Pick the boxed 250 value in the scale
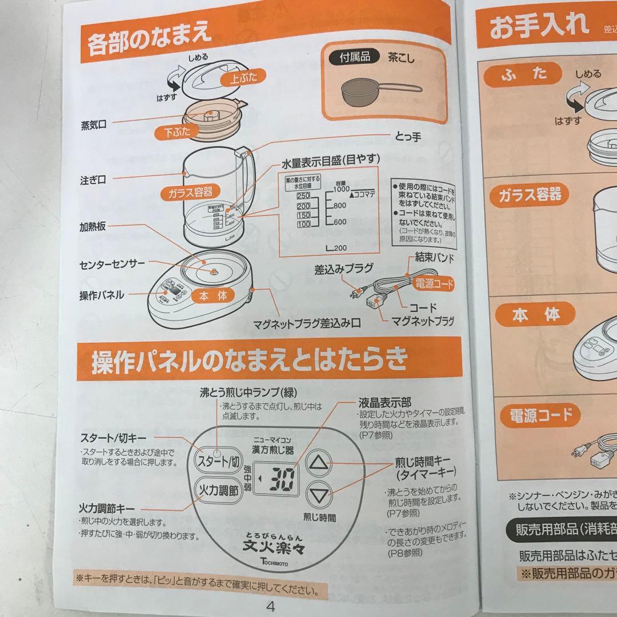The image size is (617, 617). coord(303,197)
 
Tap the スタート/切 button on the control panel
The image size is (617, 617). coord(218,461)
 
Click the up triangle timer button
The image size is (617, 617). coord(319,463)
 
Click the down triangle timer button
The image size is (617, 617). coord(319,495)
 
